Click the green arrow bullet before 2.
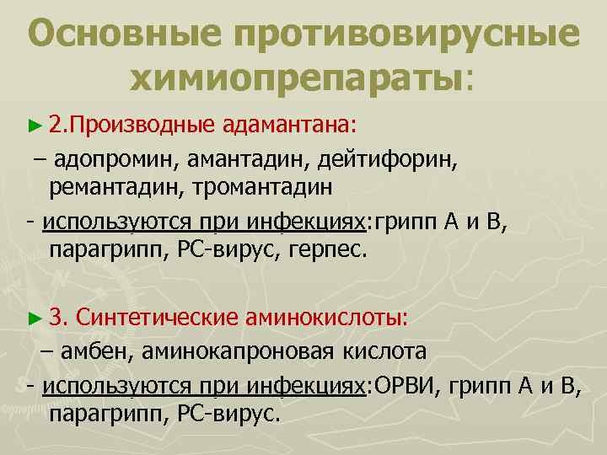tap(34, 126)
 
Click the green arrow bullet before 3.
tap(34, 318)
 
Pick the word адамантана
tap(291, 126)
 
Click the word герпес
tap(333, 251)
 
